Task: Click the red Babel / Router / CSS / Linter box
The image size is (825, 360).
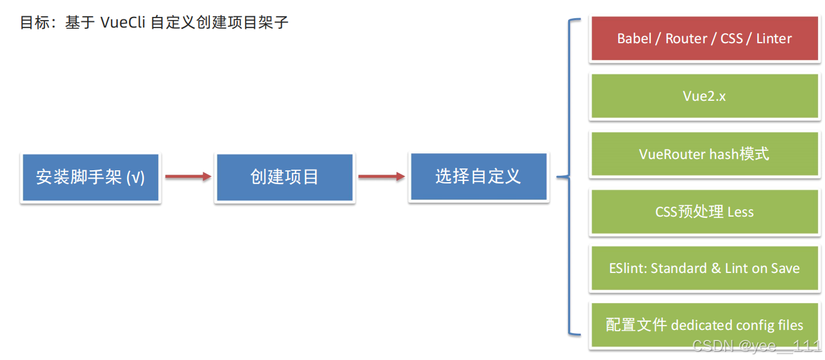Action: (x=705, y=39)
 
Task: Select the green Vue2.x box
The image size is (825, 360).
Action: (x=705, y=96)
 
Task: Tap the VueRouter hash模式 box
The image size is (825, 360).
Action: (x=705, y=154)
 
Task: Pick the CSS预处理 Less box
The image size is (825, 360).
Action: (x=705, y=212)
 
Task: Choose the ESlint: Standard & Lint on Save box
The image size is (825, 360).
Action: (x=705, y=269)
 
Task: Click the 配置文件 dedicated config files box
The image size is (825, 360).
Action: (x=705, y=326)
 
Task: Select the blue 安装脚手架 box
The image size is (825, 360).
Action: (x=91, y=177)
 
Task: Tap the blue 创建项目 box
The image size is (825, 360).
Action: (x=284, y=177)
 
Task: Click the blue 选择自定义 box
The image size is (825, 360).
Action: (x=479, y=177)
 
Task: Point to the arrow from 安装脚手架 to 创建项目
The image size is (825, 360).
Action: (x=188, y=177)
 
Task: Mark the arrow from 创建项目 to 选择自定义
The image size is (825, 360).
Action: (x=381, y=177)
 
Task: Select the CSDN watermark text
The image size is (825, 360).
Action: (x=756, y=346)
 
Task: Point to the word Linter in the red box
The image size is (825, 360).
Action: (x=774, y=39)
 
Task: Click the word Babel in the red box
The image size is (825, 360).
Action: (x=634, y=39)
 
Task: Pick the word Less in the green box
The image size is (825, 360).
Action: (x=740, y=212)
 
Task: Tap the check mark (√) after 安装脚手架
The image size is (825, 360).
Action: (x=135, y=178)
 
